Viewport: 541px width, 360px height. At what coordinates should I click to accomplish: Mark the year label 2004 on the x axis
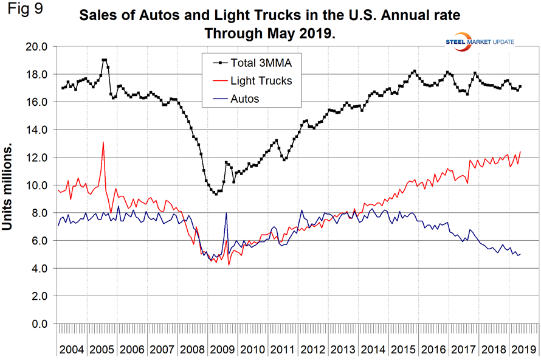(72, 350)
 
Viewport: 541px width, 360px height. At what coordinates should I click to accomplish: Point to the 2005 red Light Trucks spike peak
(103, 142)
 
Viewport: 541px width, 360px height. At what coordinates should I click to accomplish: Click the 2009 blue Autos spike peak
(226, 213)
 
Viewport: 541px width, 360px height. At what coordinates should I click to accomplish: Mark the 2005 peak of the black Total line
(104, 60)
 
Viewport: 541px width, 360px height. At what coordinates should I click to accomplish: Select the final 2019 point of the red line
(521, 151)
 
